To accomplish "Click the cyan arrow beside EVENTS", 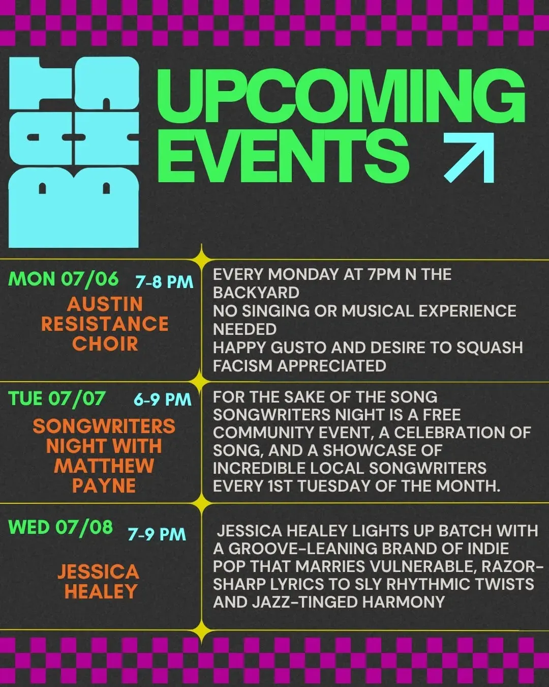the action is coord(470,158).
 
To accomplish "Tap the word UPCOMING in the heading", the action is coord(341,96).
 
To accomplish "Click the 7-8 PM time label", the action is coord(164,281).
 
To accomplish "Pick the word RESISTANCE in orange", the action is coord(105,324).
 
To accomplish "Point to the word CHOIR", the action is coord(105,343).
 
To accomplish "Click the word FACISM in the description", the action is coord(242,366).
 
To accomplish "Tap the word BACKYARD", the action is coord(256,293).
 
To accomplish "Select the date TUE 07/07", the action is coord(57,399).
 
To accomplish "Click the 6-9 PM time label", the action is coord(162,399).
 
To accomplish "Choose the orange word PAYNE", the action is coord(104,485).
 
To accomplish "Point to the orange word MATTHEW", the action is coord(104,466).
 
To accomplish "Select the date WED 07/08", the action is coord(60,527).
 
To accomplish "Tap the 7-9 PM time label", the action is coord(157,534).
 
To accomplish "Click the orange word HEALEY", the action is coord(101,591).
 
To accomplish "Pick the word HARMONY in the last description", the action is coord(403,602).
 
